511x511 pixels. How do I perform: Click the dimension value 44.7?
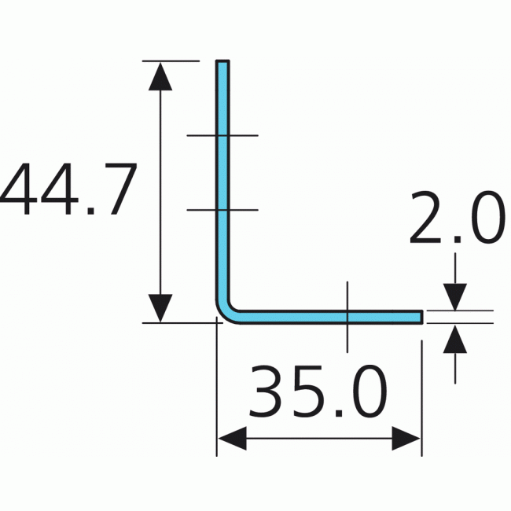(69, 190)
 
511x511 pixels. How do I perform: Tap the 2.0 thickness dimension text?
(456, 218)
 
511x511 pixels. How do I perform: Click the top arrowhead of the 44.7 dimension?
(160, 75)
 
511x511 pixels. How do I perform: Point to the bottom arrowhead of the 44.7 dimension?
(160, 307)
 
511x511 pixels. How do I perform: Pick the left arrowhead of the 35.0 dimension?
(231, 439)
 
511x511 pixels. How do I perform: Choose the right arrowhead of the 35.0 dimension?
(407, 439)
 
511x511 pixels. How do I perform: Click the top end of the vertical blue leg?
(222, 63)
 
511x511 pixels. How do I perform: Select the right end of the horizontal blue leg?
(421, 317)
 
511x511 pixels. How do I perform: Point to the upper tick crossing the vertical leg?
(222, 136)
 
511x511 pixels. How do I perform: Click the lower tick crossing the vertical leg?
(222, 210)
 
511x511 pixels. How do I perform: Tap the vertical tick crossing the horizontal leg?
(346, 316)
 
